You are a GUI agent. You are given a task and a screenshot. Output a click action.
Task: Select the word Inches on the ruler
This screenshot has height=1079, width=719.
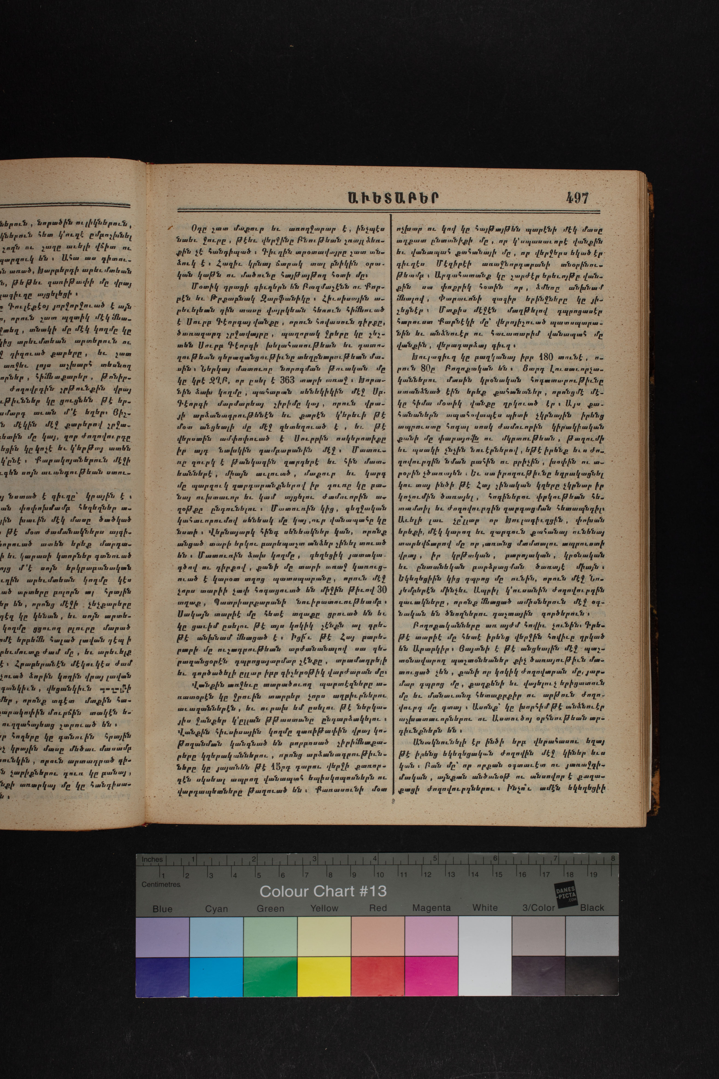point(152,859)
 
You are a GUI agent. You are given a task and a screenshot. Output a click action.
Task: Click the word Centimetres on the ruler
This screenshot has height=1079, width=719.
point(161,884)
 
